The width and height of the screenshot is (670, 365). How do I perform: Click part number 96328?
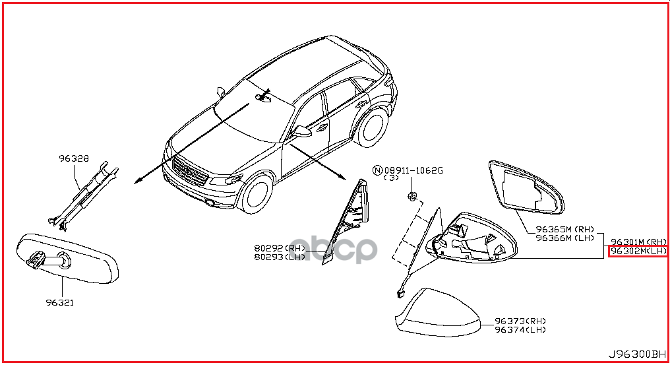click(74, 158)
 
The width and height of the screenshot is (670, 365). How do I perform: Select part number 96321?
click(59, 303)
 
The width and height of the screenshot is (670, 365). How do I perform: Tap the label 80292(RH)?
click(280, 249)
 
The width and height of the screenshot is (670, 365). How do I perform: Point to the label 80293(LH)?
click(280, 257)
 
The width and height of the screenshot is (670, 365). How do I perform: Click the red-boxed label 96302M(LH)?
click(638, 251)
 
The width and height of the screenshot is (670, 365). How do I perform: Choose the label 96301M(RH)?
click(638, 242)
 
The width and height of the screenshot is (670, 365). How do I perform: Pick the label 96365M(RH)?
click(564, 229)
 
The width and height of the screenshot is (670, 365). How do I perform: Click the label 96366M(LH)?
click(564, 238)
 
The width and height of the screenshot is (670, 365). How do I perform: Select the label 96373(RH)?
click(520, 321)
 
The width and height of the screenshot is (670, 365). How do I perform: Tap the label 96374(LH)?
click(520, 329)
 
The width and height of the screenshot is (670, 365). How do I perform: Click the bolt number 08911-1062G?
click(413, 170)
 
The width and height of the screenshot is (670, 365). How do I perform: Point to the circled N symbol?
click(378, 170)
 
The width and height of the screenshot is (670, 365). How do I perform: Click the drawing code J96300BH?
click(638, 354)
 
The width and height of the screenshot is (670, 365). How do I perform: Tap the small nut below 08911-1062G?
click(411, 195)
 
